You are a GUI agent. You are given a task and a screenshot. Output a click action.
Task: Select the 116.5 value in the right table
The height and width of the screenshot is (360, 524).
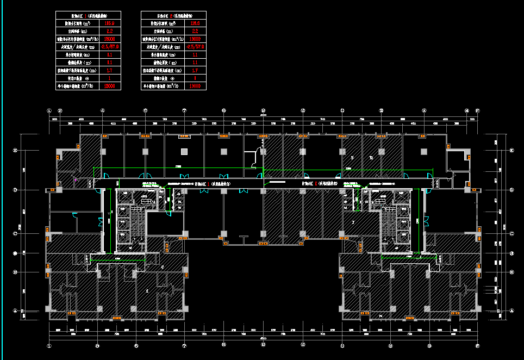click(195, 23)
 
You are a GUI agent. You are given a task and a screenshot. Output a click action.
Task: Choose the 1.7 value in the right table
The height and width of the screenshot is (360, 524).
click(195, 70)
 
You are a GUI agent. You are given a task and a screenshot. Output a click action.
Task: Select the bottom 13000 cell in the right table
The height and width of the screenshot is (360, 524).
click(195, 86)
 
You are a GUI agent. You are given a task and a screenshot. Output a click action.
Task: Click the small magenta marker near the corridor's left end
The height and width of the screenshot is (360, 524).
click(75, 178)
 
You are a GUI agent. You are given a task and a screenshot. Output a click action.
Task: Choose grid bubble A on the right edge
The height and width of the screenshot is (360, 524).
click(512, 311)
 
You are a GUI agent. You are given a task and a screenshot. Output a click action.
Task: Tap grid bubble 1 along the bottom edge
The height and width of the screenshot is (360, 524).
click(49, 345)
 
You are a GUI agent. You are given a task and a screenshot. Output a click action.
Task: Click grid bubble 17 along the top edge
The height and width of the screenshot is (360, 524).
click(477, 110)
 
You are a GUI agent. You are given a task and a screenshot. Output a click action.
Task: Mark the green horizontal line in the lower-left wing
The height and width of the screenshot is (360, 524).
click(117, 261)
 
